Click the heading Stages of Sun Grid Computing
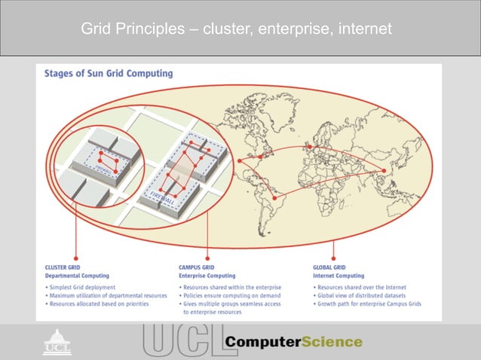109,74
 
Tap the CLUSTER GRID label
66,267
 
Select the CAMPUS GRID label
198,267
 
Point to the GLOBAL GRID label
329,267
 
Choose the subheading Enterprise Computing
207,276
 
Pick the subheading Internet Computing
339,276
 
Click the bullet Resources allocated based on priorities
97,304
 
